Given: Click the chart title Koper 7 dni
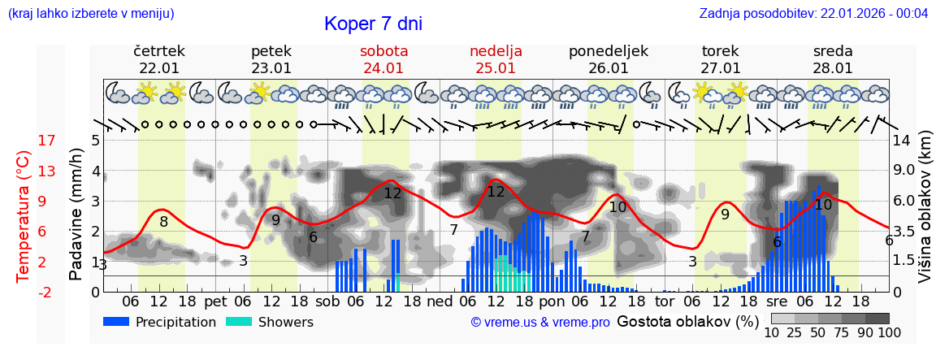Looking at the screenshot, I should [x=373, y=24].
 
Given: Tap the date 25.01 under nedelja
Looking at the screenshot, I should [x=496, y=68].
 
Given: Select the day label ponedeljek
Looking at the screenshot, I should [x=608, y=51].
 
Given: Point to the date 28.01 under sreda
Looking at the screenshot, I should [x=833, y=68].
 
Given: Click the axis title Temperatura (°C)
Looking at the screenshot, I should [x=24, y=215].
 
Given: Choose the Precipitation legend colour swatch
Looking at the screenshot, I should [x=117, y=322].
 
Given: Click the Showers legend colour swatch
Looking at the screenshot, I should [x=239, y=322].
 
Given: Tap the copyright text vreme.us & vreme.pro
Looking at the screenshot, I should [x=540, y=323].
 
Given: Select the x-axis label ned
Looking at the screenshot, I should [x=440, y=301].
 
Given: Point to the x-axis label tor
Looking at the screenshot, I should [x=665, y=301].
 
